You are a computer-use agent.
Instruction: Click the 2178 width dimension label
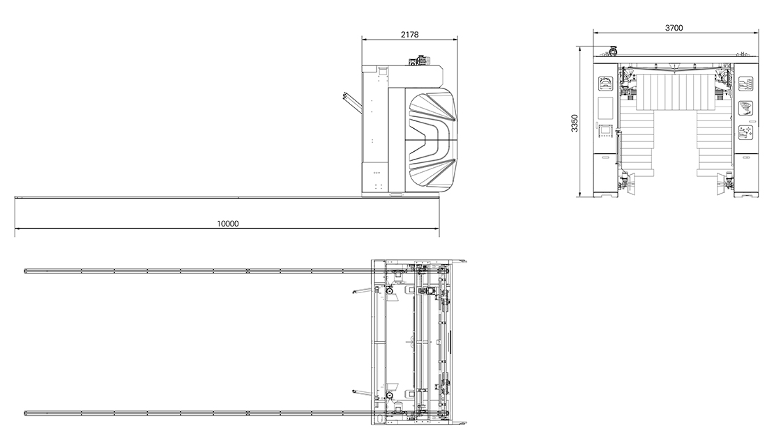tap(409, 34)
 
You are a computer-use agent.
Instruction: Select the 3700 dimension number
tap(674, 28)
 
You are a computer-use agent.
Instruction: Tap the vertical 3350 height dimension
tap(575, 123)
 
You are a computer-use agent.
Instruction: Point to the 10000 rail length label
tap(228, 224)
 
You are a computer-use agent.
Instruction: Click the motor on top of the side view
tap(419, 61)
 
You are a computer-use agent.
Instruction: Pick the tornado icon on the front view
tap(745, 107)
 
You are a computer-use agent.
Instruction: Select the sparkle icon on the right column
tap(745, 132)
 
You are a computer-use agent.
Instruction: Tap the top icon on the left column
tap(605, 84)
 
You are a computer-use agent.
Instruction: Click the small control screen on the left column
tap(605, 130)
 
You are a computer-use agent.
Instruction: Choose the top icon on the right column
tap(745, 84)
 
